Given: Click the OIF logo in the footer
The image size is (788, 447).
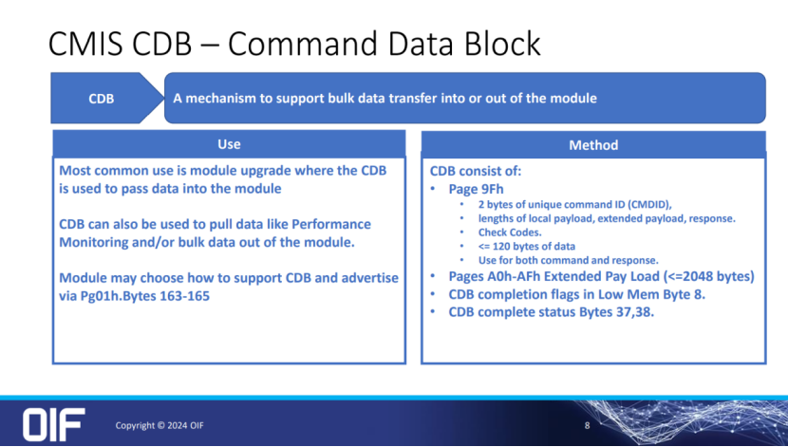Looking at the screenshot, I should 54,424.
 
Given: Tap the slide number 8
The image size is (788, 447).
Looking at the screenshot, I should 587,425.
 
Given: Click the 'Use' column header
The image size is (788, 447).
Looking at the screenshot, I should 229,144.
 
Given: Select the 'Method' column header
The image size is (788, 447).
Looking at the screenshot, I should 593,145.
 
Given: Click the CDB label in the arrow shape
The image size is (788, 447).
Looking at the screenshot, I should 102,98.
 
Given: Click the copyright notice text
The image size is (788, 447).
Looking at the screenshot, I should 159,425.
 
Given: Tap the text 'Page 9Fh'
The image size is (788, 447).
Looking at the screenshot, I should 476,190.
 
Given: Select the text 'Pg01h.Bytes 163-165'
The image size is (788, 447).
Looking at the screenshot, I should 151,295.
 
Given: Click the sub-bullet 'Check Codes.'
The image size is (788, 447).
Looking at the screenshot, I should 509,232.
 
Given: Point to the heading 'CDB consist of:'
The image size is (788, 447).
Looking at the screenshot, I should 476,172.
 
